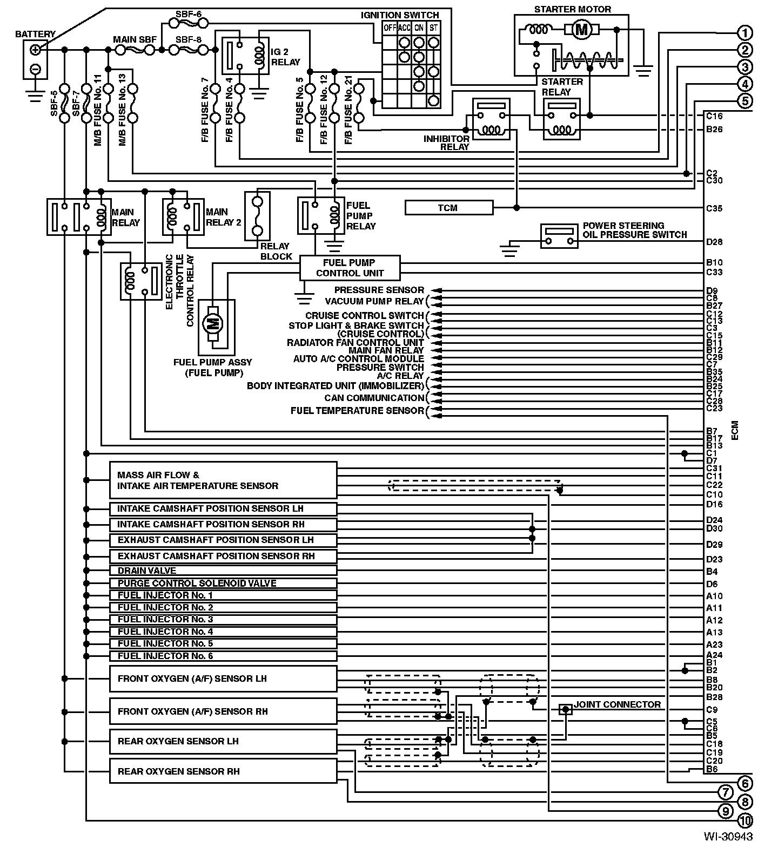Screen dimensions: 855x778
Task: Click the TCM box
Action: point(448,208)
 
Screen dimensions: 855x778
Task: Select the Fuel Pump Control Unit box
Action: point(350,268)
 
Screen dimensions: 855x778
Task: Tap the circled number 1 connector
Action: point(745,33)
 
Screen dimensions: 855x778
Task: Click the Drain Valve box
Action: point(223,571)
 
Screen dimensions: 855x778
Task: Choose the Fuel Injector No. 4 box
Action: point(223,632)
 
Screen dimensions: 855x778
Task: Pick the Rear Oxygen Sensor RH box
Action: point(223,771)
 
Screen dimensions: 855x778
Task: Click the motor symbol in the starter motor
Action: point(581,30)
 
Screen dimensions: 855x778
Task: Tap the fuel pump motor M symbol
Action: point(213,324)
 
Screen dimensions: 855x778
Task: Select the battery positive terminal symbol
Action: point(35,50)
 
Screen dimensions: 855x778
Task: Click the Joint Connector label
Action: point(617,704)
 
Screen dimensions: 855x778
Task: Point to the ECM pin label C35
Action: point(714,208)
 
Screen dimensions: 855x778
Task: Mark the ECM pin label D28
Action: point(714,242)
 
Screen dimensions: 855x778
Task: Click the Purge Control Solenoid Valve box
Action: point(223,583)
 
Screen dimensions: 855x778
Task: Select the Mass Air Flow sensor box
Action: point(223,480)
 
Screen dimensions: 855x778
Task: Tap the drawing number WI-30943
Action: point(728,837)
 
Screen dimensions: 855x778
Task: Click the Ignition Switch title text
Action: point(400,15)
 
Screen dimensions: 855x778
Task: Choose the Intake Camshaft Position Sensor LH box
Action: point(223,508)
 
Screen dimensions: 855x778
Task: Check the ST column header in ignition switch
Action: point(434,28)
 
